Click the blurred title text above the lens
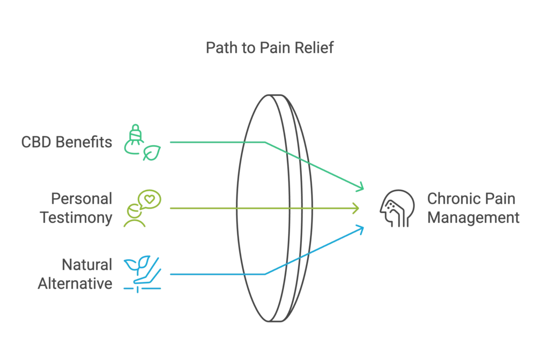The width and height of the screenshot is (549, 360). pyautogui.click(x=270, y=48)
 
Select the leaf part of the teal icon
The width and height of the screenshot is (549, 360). pyautogui.click(x=152, y=152)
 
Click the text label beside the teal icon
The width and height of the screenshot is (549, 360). pyautogui.click(x=68, y=142)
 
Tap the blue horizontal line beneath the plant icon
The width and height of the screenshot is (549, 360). pyautogui.click(x=140, y=289)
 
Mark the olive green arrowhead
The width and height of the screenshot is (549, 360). pyautogui.click(x=356, y=208)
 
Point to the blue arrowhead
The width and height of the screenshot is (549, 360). pyautogui.click(x=361, y=229)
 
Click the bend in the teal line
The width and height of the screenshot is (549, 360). pyautogui.click(x=264, y=142)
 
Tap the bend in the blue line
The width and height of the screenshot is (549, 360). pyautogui.click(x=266, y=274)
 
